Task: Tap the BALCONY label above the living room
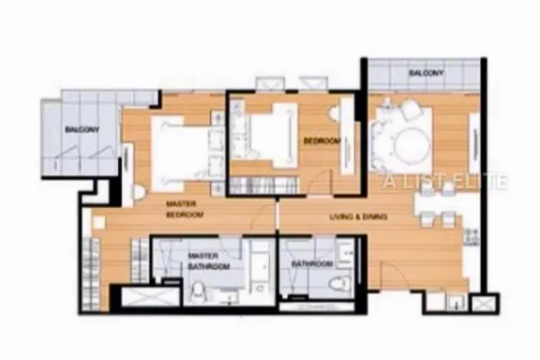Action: click(427, 73)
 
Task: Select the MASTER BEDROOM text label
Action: click(185, 209)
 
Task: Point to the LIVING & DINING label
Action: click(358, 217)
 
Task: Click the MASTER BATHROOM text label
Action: click(209, 262)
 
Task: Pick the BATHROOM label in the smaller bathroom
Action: click(312, 264)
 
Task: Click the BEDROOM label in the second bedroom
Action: click(322, 141)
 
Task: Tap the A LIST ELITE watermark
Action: click(446, 181)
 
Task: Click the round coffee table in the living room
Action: click(412, 144)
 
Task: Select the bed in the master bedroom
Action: click(180, 153)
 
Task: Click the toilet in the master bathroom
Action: click(198, 293)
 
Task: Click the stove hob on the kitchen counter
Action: click(472, 236)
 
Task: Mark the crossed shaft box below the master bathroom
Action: click(151, 296)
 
